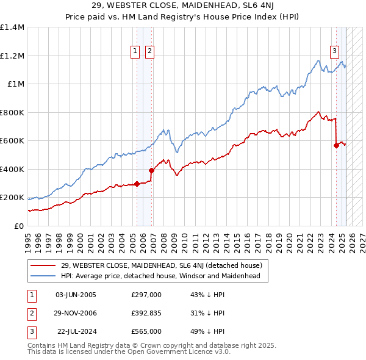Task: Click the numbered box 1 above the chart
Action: point(134,52)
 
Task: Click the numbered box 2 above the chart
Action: point(149,52)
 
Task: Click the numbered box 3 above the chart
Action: point(335,52)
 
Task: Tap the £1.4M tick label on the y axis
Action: point(12,27)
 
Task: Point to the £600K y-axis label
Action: point(12,141)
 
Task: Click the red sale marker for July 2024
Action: point(336,145)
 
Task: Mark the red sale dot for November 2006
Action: point(152,171)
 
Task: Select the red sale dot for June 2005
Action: point(137,183)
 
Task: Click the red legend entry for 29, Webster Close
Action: point(162,265)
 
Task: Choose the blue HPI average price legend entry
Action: point(160,276)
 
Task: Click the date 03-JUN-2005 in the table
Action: point(76,295)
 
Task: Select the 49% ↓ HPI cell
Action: point(208,332)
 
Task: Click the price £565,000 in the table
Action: point(146,332)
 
